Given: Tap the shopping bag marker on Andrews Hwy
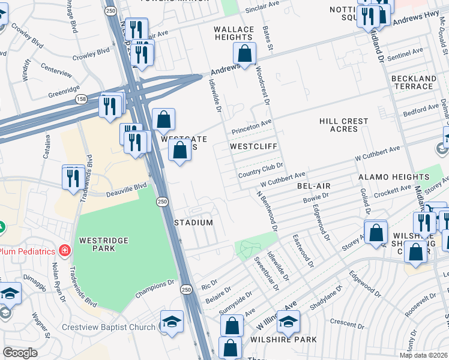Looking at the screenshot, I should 245,53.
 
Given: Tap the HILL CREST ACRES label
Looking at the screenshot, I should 343,125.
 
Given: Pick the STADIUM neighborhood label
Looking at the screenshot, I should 193,223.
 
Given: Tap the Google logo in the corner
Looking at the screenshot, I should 20,353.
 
